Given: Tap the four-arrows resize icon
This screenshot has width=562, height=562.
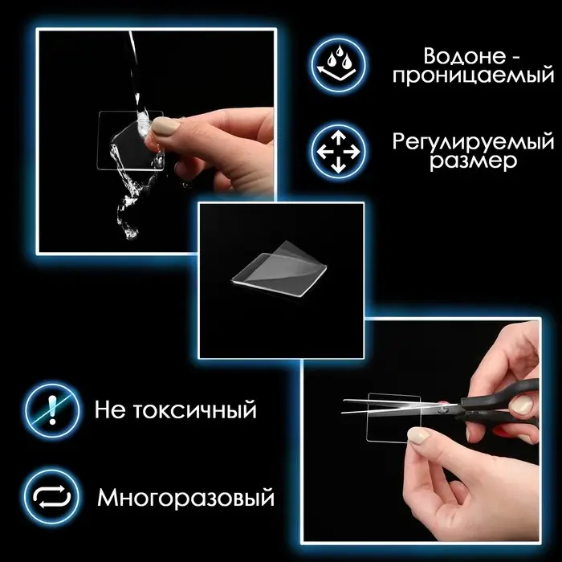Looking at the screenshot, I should click(338, 151).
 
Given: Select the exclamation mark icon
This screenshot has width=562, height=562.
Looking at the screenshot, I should click(52, 410).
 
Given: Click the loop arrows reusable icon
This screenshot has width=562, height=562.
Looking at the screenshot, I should click(52, 496).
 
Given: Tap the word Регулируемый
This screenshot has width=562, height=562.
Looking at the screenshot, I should click(473, 141).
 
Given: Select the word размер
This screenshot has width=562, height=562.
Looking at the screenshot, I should click(474, 161).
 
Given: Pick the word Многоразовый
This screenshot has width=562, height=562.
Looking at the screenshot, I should click(185, 497).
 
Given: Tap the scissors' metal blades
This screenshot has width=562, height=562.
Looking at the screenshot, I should click(385, 406).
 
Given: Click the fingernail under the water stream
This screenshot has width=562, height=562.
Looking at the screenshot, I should click(164, 127).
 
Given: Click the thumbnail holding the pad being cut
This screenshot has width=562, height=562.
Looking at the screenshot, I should click(418, 434).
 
